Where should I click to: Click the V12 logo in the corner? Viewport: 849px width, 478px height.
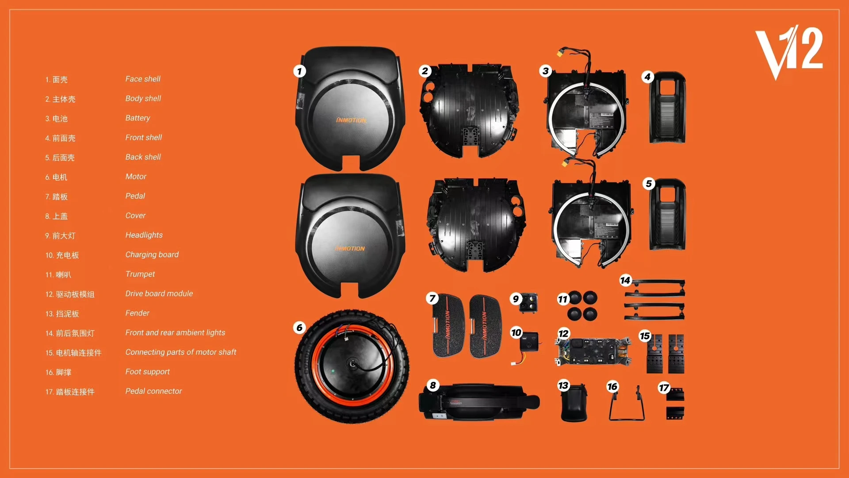[789, 52]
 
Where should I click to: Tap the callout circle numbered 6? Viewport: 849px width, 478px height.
[299, 328]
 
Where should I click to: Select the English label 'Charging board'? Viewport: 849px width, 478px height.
[152, 254]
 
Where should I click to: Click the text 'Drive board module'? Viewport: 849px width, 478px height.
[159, 293]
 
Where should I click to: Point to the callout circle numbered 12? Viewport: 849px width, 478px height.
[563, 334]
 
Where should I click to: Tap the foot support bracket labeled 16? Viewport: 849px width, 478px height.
[626, 404]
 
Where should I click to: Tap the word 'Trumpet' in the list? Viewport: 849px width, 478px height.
[140, 274]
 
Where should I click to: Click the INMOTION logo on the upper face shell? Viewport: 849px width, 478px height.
[351, 120]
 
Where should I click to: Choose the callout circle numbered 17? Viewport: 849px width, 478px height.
[664, 388]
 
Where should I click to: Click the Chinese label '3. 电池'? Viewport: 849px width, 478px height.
[57, 119]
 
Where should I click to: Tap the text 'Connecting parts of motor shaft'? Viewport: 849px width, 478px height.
[180, 352]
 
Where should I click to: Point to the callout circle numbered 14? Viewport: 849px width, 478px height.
[625, 280]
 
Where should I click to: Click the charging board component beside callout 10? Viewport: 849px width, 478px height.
[529, 343]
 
